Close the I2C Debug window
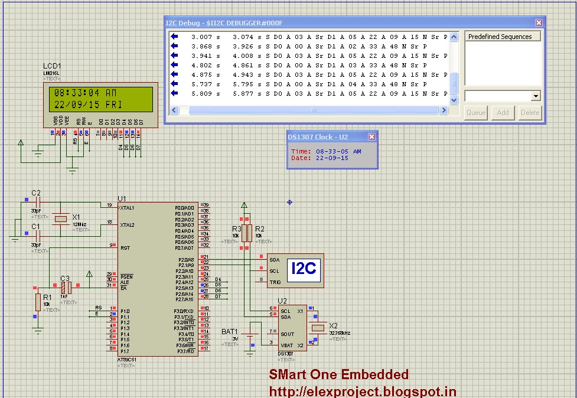click(539, 22)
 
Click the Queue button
click(476, 113)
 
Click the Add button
click(503, 113)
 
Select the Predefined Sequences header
click(500, 37)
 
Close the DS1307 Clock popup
click(371, 137)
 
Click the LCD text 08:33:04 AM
click(86, 93)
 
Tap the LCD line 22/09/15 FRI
click(86, 104)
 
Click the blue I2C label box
click(304, 269)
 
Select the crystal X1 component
click(60, 219)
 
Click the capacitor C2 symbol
click(37, 202)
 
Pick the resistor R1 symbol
click(38, 302)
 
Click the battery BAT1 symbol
click(251, 340)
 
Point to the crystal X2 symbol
click(318, 328)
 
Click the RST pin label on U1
click(125, 248)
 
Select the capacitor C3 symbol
click(67, 287)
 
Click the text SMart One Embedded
click(338, 374)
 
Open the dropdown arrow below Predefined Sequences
click(536, 96)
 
